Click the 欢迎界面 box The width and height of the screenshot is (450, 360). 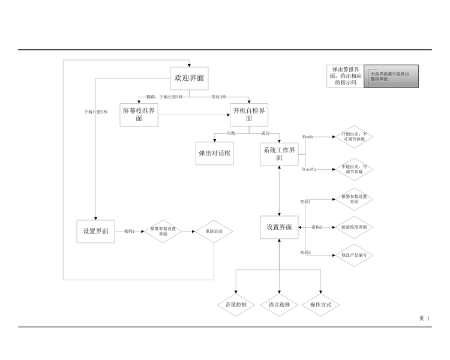[x=189, y=79]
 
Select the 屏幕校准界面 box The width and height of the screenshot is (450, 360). [x=139, y=115]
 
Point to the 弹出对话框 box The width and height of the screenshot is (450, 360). [x=215, y=153]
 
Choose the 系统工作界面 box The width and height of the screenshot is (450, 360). [x=279, y=154]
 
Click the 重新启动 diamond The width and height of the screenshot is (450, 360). [x=214, y=232]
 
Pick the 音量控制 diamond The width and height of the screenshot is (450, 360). [x=236, y=305]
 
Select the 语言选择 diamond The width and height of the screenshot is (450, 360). [x=279, y=305]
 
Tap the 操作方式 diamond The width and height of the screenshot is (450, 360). [x=321, y=305]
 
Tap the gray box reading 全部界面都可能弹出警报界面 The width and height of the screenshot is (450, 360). [x=391, y=77]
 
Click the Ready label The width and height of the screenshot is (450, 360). [x=308, y=137]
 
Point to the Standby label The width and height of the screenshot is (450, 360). [x=309, y=170]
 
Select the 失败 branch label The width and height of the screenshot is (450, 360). [x=231, y=133]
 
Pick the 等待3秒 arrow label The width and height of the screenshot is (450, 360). [x=218, y=97]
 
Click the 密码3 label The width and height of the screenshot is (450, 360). [x=305, y=253]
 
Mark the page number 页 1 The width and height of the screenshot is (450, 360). [x=424, y=318]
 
